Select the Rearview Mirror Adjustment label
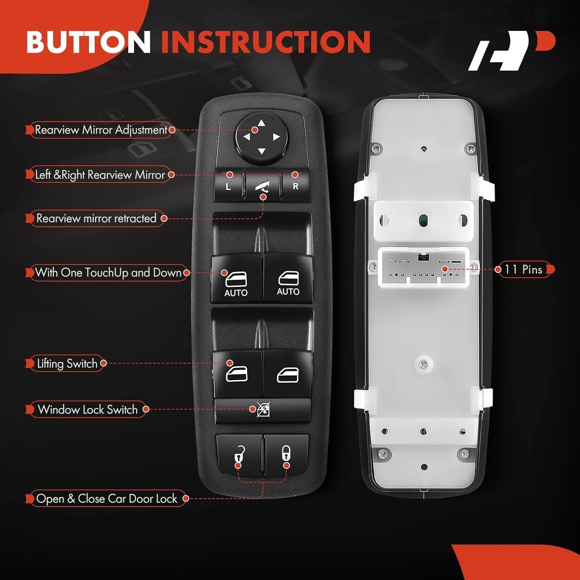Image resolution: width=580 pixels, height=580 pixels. coord(101,130)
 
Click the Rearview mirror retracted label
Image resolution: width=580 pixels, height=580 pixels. coord(96,218)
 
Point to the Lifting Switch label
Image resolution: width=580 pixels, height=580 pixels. coord(67,363)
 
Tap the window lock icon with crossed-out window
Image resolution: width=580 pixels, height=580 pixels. coord(263,409)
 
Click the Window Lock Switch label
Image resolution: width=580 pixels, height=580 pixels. coord(88,409)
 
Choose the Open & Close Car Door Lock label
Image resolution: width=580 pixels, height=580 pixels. coord(106,499)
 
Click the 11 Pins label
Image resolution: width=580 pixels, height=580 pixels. coord(524,270)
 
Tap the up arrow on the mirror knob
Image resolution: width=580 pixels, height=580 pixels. coord(262,123)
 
